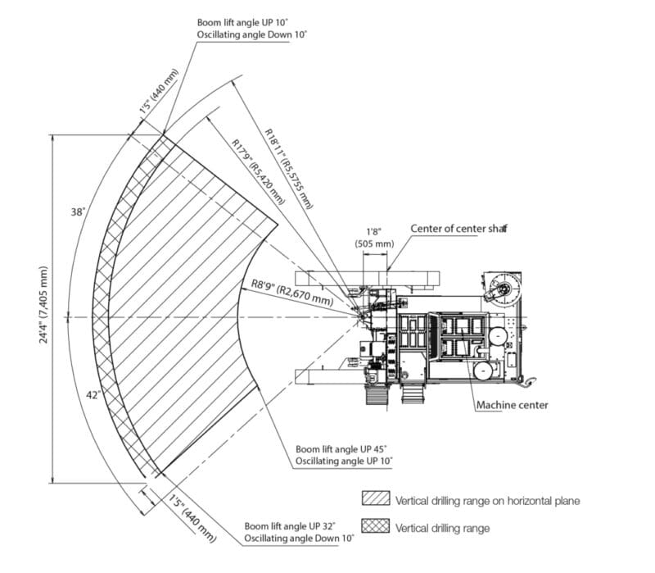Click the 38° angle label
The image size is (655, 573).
[x=79, y=212]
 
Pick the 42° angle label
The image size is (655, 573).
[x=95, y=395]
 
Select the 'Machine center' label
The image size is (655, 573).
[x=512, y=405]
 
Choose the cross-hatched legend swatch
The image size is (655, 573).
[x=375, y=527]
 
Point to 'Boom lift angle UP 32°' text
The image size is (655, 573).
[x=290, y=525]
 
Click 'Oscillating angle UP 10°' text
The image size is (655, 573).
[x=344, y=462]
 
